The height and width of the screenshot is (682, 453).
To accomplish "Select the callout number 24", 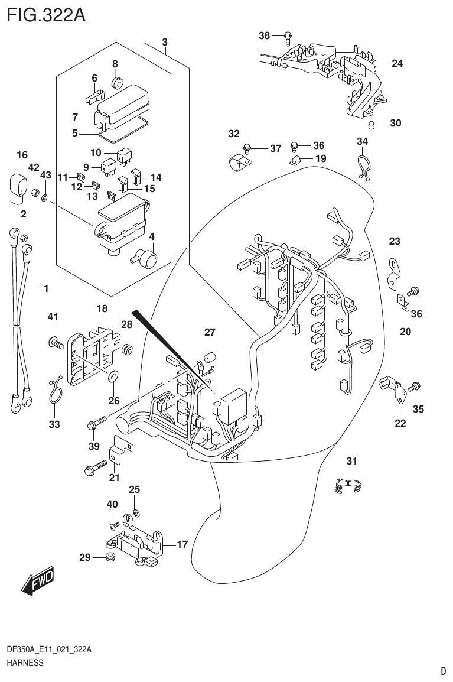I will pyautogui.click(x=397, y=63).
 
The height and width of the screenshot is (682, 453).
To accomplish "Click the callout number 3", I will pyautogui.click(x=165, y=42).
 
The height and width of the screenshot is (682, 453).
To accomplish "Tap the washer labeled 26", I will pyautogui.click(x=113, y=375).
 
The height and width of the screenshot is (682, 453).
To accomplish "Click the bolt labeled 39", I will pyautogui.click(x=96, y=423).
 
